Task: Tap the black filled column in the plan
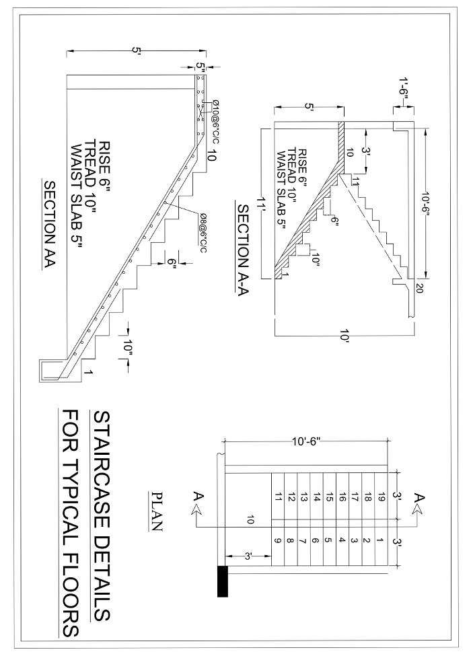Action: click(222, 581)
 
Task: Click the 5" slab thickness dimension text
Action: click(201, 66)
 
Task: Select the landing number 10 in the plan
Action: click(250, 520)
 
